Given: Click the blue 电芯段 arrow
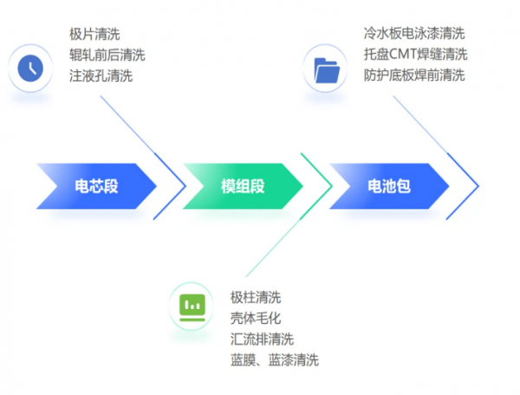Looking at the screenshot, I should [x=95, y=186].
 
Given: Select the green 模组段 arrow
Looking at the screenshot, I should [x=242, y=186].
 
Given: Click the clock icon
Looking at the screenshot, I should [x=30, y=67].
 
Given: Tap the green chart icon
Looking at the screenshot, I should [x=192, y=306].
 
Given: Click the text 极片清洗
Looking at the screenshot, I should [x=94, y=35].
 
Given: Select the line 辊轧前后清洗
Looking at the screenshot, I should [x=107, y=56].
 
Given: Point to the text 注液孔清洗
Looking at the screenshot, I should [x=101, y=76].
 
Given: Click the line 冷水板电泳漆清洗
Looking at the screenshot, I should [x=414, y=34].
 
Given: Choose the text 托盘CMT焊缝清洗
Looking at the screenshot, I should [x=416, y=55].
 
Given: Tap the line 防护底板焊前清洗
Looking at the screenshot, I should [x=414, y=75].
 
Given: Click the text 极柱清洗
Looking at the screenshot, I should [x=256, y=298].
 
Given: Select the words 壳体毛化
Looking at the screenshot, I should [x=256, y=319].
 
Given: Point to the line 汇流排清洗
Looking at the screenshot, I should [x=262, y=339].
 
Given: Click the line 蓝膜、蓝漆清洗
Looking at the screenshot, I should [x=275, y=360].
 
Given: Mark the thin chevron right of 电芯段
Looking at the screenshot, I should [x=179, y=186].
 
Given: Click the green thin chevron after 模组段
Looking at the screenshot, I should [x=325, y=186].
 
